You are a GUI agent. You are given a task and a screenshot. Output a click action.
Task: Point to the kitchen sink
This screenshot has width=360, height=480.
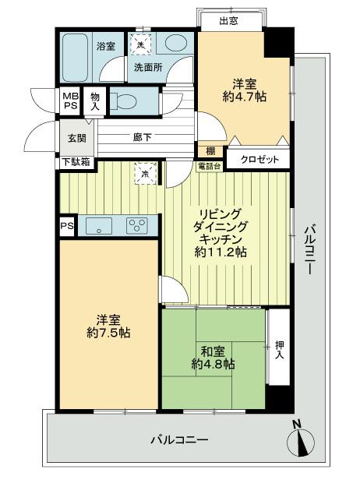[x=99, y=226]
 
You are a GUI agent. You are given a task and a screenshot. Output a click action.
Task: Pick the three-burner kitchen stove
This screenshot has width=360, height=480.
[x=137, y=226]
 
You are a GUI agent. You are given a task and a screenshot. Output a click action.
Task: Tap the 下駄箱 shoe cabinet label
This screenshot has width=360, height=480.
[x=75, y=162]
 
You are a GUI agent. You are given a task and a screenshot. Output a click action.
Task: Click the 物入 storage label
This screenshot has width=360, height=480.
[x=94, y=101]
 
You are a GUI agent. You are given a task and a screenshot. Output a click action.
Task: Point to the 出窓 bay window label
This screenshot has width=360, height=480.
[x=228, y=21]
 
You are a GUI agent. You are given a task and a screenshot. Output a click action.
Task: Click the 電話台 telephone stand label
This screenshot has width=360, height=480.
[x=210, y=165]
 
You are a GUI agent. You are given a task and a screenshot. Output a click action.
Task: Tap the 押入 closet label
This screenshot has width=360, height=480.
[x=280, y=348]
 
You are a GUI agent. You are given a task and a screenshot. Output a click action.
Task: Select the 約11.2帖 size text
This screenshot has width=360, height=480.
[x=221, y=252]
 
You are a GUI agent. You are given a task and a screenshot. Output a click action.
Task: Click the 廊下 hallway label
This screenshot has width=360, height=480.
[x=142, y=137]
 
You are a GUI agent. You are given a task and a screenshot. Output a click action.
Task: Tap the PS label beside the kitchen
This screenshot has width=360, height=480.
[x=65, y=225]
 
